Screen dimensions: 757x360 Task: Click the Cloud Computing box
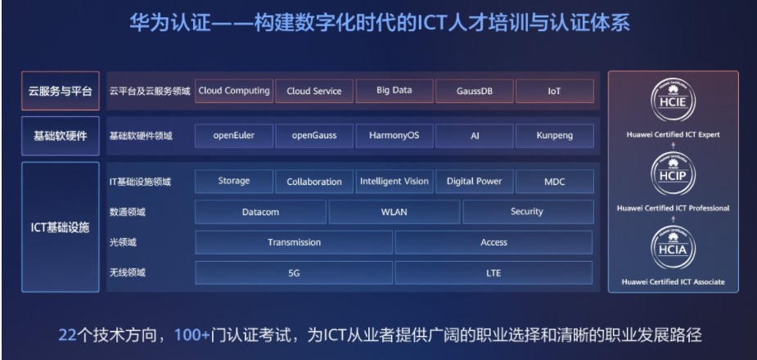coord(234,91)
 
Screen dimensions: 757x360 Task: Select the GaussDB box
coord(475,91)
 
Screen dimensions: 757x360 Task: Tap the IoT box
coord(555,91)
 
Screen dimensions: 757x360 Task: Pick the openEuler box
coord(234,136)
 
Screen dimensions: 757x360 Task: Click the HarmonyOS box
coord(394,136)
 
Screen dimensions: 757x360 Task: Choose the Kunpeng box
coord(555,136)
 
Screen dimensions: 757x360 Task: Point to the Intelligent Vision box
coord(394,182)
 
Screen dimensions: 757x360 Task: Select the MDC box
coord(555,182)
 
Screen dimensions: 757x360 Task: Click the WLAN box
coord(394,212)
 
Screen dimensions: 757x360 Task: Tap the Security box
coord(528,212)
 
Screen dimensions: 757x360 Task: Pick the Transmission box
coord(294,242)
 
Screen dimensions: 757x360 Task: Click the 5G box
coord(294,272)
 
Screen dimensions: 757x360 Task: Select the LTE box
coord(493,272)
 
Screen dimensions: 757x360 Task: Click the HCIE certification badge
coord(673,101)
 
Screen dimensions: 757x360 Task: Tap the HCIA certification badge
coord(673,248)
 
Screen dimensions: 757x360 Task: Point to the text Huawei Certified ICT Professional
coord(673,209)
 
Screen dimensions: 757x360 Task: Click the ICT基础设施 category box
coord(61,227)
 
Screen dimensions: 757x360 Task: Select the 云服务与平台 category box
coord(61,91)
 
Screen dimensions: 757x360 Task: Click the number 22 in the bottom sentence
coord(68,335)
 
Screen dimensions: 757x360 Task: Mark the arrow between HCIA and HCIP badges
coord(673,219)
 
